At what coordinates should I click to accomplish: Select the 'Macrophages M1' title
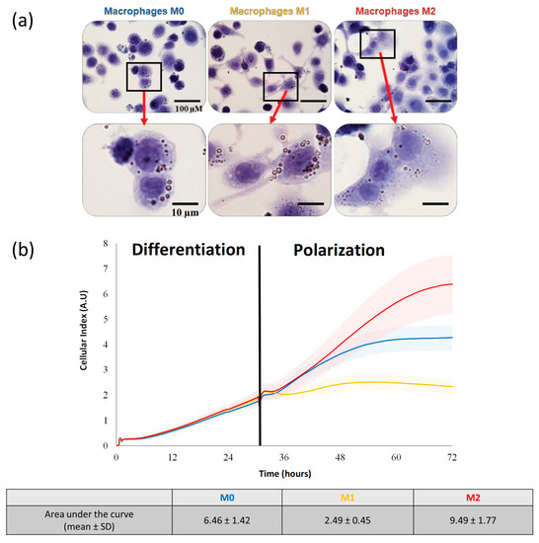tap(270, 11)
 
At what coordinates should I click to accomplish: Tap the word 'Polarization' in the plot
tap(339, 250)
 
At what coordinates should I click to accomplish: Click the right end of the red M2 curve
tap(451, 284)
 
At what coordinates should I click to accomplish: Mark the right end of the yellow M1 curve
tap(451, 386)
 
